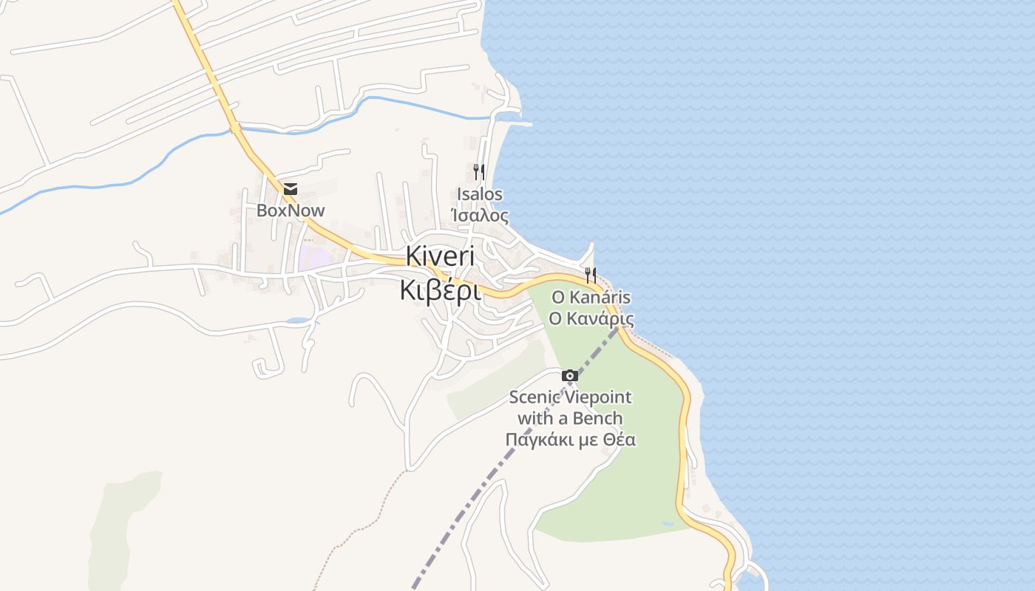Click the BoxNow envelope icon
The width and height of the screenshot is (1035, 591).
290,189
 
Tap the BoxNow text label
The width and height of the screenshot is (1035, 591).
291,211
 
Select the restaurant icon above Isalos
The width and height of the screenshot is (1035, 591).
479,172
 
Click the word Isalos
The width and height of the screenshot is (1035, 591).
480,194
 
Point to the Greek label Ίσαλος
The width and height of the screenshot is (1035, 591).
480,216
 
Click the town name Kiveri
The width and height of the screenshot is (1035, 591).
440,256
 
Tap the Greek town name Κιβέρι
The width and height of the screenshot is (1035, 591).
440,290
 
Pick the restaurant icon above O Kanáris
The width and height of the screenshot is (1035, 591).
591,276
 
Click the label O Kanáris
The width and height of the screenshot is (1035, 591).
591,297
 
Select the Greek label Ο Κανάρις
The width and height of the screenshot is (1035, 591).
591,318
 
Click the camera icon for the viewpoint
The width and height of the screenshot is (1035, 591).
570,375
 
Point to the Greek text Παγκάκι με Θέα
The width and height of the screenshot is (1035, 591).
570,440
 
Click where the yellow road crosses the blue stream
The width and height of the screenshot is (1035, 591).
235,129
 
